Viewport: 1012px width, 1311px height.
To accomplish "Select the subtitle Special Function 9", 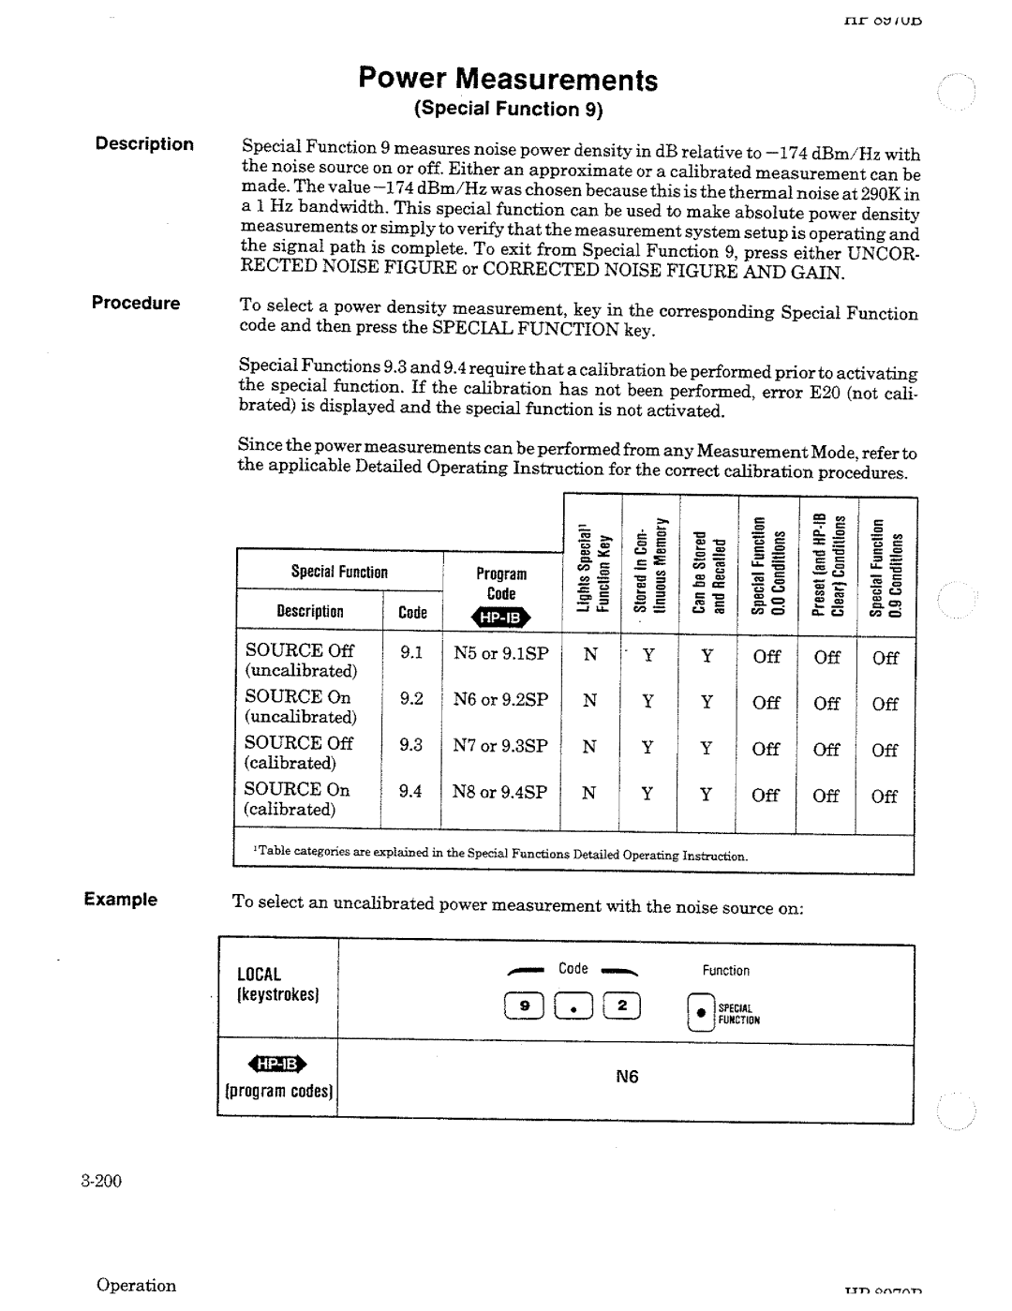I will (x=510, y=110).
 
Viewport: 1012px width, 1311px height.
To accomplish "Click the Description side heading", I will (x=143, y=144).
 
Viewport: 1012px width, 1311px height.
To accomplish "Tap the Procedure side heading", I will (x=135, y=303).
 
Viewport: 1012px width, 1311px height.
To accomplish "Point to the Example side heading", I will (x=120, y=900).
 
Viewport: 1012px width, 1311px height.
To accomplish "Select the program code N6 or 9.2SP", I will (x=500, y=699).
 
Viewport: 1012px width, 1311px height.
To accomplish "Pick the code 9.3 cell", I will (x=411, y=745).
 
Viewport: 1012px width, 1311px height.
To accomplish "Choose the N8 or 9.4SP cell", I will (x=500, y=792).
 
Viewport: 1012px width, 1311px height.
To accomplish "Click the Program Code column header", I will (x=501, y=584).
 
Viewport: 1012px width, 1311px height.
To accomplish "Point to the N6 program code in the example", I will (x=627, y=1078).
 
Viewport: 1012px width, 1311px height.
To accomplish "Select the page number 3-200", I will (x=102, y=1181).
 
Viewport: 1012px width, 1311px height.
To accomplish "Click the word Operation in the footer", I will (x=137, y=1286).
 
